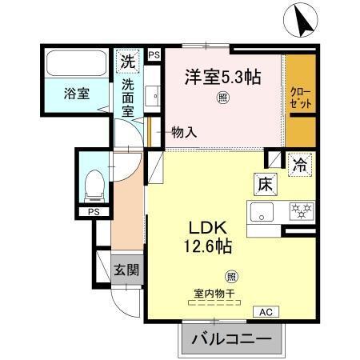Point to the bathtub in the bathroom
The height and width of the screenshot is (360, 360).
coord(75,62)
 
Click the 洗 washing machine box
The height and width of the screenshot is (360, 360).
coord(128,59)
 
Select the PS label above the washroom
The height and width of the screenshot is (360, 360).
coord(154,54)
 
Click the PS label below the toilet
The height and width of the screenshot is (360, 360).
coord(94,211)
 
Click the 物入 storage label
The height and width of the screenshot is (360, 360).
coord(184,134)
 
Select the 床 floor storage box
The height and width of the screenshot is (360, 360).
coord(266,184)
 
